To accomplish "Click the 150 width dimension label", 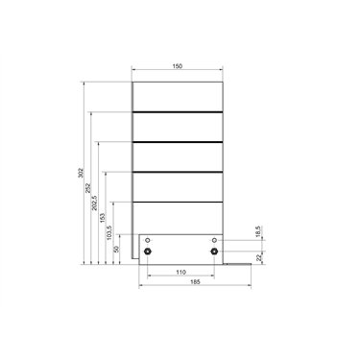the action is click(x=178, y=66).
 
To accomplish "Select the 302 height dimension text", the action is click(x=82, y=173).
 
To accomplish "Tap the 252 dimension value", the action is click(x=88, y=188).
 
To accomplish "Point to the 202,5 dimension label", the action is click(x=95, y=203).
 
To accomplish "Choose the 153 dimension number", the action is click(x=103, y=218).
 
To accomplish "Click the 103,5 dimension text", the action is click(x=109, y=233).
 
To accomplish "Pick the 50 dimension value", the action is click(x=117, y=249).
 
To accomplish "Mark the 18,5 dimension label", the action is click(x=259, y=231).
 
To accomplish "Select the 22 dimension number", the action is click(x=259, y=256).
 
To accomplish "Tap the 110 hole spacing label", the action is click(x=180, y=273).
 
